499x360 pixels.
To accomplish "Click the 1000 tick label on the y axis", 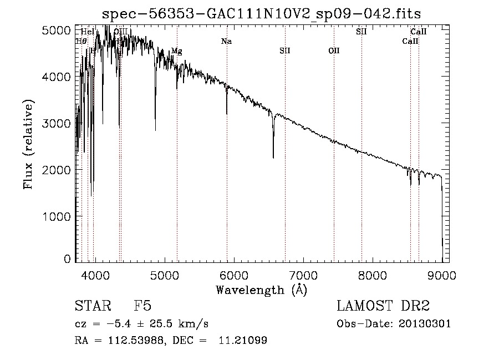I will [58, 217].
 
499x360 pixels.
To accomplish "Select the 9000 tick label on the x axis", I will [442, 274].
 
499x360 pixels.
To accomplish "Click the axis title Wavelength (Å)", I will [261, 290].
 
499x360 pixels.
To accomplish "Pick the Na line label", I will [226, 42].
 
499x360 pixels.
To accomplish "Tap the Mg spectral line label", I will [176, 51].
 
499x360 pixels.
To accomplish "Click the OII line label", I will [334, 51].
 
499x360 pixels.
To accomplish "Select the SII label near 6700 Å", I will [285, 51].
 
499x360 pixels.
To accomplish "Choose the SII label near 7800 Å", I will [361, 32].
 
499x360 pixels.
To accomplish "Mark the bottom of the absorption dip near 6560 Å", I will [273, 158].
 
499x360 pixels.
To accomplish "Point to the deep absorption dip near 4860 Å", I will [155, 130].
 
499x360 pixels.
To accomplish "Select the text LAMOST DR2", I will [383, 306].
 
